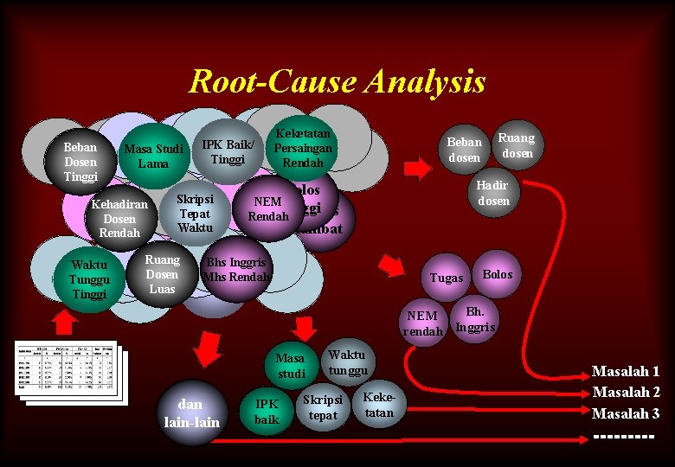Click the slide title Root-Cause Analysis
(337, 82)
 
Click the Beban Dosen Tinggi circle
(80, 162)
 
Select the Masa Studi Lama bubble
(153, 157)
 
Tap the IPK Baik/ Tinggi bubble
(228, 152)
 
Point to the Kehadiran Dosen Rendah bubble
(119, 220)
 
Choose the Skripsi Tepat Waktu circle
(194, 213)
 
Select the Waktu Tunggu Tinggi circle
(89, 279)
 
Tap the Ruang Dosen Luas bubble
(162, 273)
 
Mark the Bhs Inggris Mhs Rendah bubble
(235, 269)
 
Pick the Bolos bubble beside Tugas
(497, 274)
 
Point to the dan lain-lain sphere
(191, 413)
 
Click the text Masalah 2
(625, 393)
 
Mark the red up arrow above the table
(65, 322)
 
